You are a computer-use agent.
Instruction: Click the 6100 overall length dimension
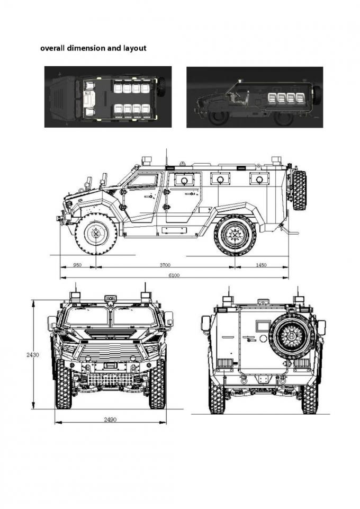[174, 275]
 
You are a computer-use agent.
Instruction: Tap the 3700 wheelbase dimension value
[166, 265]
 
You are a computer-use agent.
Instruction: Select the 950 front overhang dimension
[77, 265]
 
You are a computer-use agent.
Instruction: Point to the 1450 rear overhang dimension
[261, 265]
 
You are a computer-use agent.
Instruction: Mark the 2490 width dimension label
[110, 419]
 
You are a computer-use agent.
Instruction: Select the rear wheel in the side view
[235, 234]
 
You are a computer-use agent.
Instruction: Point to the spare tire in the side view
[299, 190]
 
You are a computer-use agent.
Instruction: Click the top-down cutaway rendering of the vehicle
[107, 96]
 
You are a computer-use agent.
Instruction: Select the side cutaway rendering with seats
[255, 96]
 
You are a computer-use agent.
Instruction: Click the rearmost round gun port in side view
[259, 178]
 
